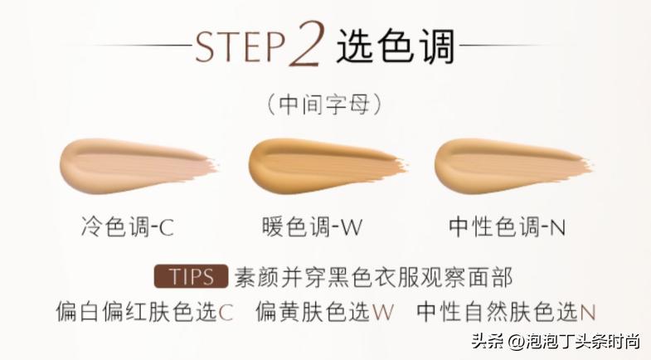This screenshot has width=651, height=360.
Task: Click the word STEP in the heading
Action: pyautogui.click(x=240, y=46)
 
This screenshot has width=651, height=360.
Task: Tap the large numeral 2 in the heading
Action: pyautogui.click(x=307, y=44)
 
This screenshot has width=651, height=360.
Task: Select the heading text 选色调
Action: pyautogui.click(x=396, y=46)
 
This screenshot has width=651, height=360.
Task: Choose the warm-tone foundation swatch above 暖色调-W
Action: pyautogui.click(x=327, y=166)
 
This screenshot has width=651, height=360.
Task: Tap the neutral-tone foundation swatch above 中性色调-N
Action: pyautogui.click(x=513, y=166)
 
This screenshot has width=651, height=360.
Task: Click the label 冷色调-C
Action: pyautogui.click(x=128, y=226)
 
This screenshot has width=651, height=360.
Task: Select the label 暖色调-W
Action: pyautogui.click(x=312, y=226)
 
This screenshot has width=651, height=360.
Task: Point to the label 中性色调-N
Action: pyautogui.click(x=507, y=226)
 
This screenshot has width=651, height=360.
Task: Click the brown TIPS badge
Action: pyautogui.click(x=191, y=276)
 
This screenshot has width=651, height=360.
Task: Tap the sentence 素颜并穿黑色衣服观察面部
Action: pyautogui.click(x=374, y=277)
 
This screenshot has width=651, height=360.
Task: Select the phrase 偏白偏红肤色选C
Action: pyautogui.click(x=144, y=312)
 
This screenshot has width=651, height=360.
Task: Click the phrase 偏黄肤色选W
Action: pyautogui.click(x=324, y=312)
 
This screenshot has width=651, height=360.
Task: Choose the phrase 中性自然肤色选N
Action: pyautogui.click(x=506, y=312)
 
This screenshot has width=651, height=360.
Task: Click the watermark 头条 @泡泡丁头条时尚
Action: pyautogui.click(x=556, y=342)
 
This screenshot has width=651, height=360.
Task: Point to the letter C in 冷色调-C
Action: pyautogui.click(x=167, y=228)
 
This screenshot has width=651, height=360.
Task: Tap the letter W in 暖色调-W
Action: pyautogui.click(x=352, y=228)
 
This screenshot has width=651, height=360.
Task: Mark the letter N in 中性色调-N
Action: pyautogui.click(x=558, y=228)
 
